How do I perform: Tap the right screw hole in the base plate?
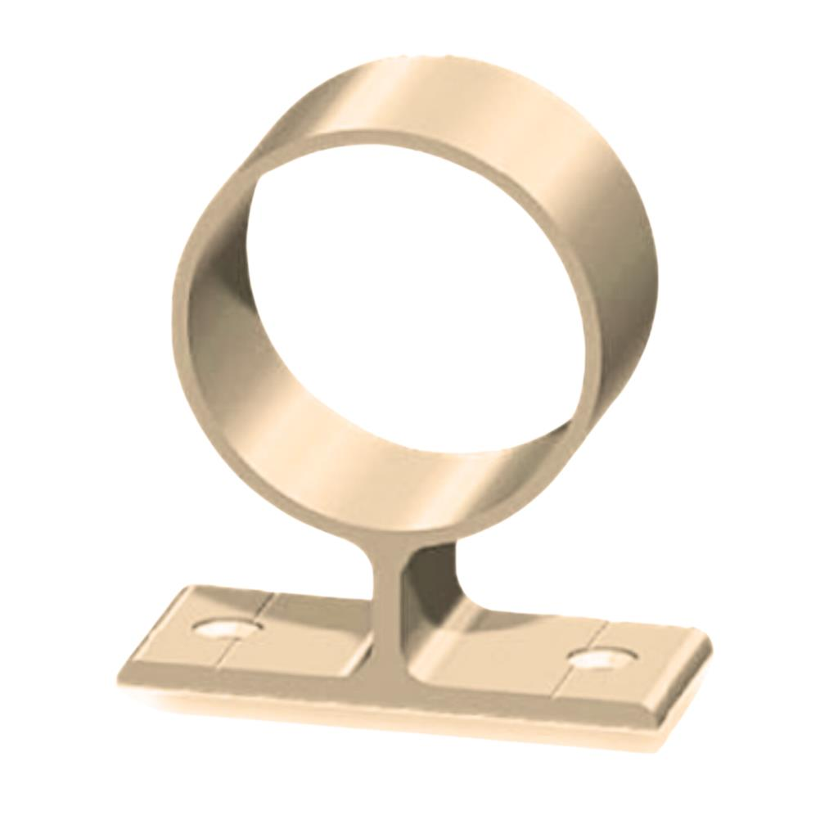pyautogui.click(x=603, y=657)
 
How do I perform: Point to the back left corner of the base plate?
pyautogui.click(x=190, y=588)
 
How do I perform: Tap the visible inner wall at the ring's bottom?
pyautogui.click(x=393, y=458)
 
